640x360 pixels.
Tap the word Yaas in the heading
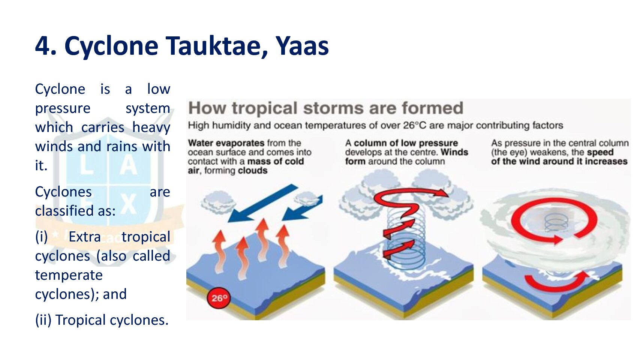pos(302,46)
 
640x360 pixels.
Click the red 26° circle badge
pos(219,298)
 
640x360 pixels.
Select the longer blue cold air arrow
pos(263,203)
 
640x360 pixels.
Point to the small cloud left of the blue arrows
pos(219,202)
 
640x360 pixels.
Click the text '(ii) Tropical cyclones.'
pos(102,320)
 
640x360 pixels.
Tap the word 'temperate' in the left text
pos(69,275)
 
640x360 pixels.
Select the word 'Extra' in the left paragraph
pos(85,237)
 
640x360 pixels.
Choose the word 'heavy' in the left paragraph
pos(151,127)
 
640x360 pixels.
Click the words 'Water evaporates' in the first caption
pos(226,143)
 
